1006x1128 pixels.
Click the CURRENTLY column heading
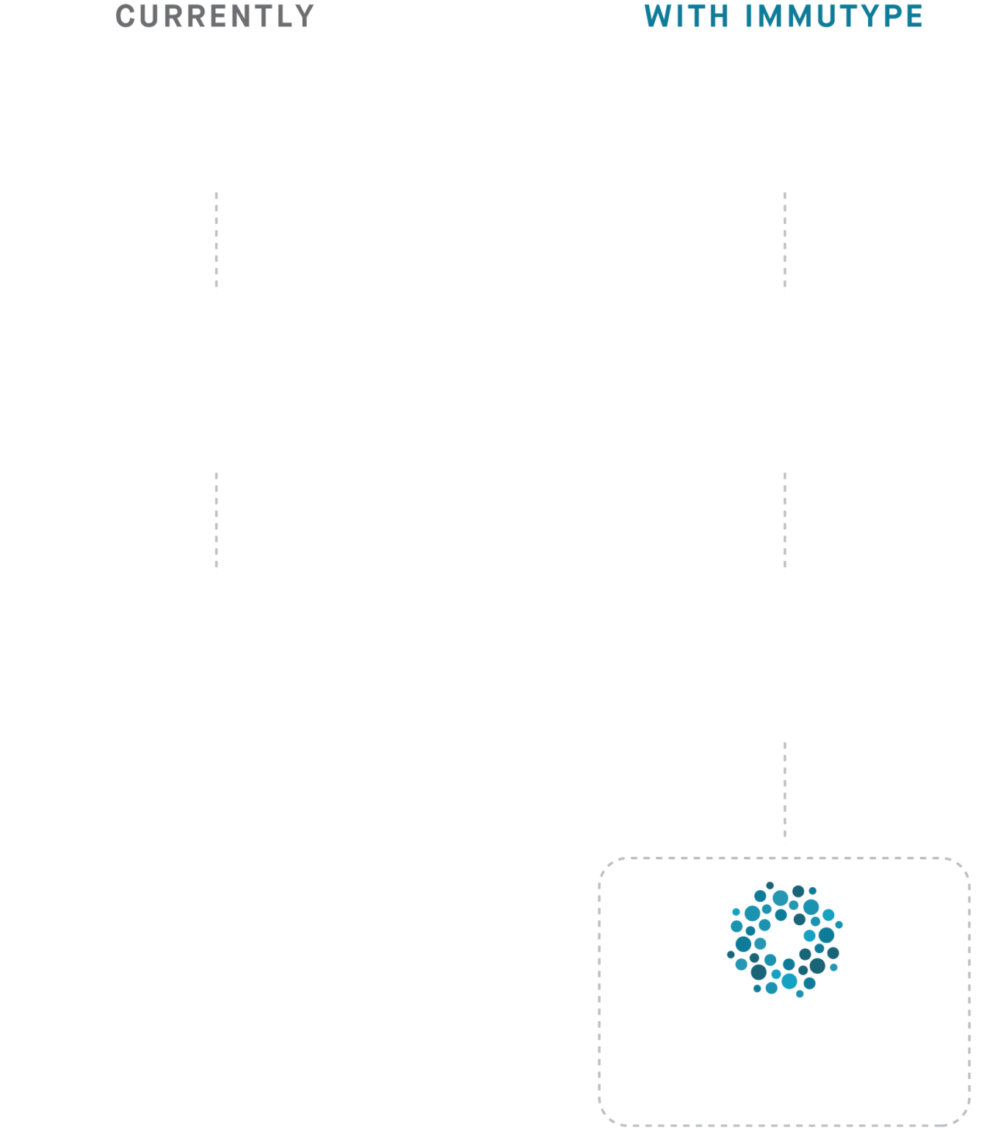click(x=215, y=16)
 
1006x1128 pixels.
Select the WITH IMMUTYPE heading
click(x=784, y=16)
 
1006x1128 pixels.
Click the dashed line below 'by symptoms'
click(x=216, y=242)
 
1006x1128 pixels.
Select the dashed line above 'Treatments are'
click(x=216, y=522)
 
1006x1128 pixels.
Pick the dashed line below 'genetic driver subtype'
click(x=785, y=242)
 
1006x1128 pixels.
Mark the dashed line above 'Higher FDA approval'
click(x=785, y=522)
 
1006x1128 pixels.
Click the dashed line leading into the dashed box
click(x=785, y=792)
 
